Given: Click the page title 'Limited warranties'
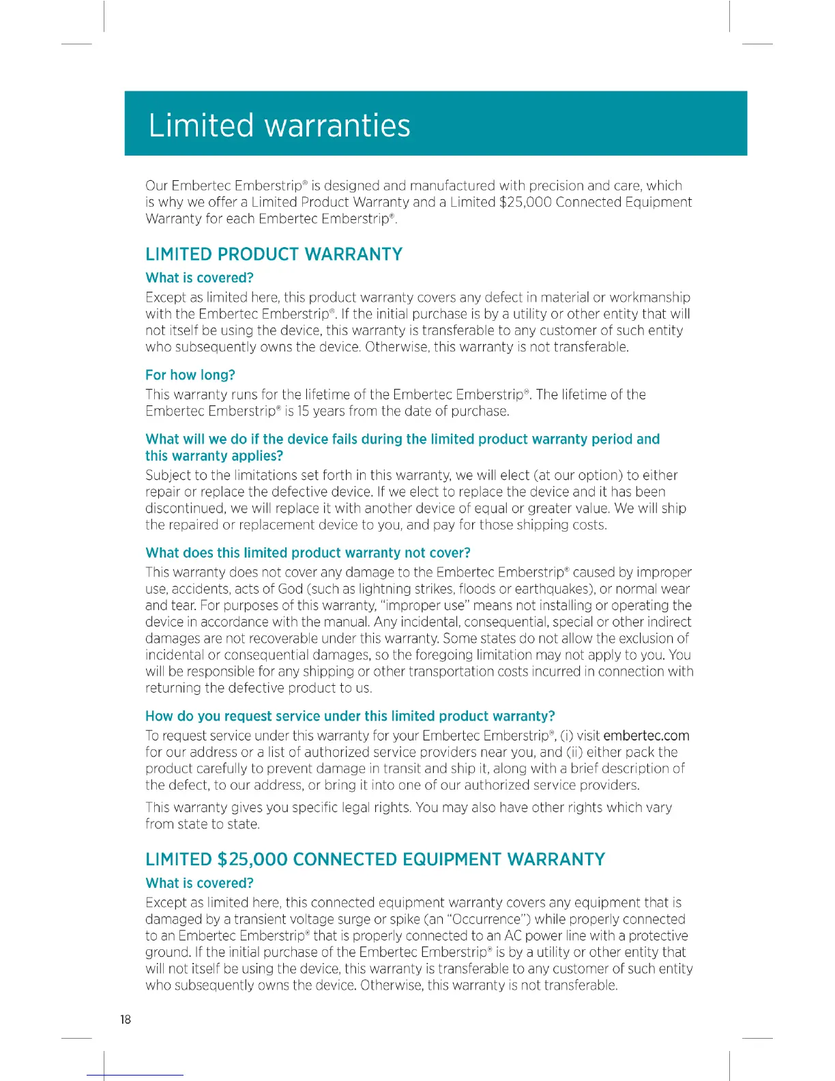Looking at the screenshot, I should click(279, 126).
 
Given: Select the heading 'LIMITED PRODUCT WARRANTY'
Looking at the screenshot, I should click(274, 255).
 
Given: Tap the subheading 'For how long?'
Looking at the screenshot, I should click(190, 375).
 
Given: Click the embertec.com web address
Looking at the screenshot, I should click(646, 736).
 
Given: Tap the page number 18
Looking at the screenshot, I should click(126, 1019).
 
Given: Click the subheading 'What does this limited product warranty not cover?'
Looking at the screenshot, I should click(308, 553).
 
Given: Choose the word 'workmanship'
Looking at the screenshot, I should click(649, 298).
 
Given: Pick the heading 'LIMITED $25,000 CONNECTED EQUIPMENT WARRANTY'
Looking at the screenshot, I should click(375, 859).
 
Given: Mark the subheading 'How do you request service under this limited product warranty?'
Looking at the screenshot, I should click(350, 716).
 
